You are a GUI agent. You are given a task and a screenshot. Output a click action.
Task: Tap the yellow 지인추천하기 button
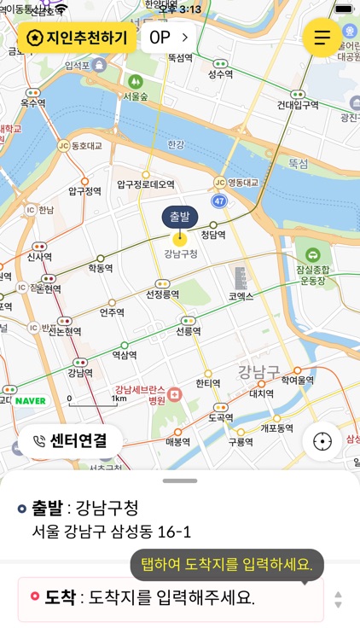pyautogui.click(x=77, y=38)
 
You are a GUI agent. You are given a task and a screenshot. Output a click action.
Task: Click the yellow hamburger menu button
pyautogui.click(x=322, y=38)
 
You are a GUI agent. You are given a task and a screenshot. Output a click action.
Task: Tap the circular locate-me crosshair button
pyautogui.click(x=322, y=441)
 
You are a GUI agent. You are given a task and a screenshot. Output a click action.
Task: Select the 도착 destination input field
pyautogui.click(x=171, y=598)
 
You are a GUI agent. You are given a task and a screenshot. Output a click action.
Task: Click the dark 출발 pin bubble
pyautogui.click(x=179, y=217)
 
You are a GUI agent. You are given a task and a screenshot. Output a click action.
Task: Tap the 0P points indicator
pyautogui.click(x=168, y=38)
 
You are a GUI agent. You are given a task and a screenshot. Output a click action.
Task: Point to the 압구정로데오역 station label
pyautogui.click(x=145, y=184)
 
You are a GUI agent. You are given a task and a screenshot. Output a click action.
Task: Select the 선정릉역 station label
pyautogui.click(x=162, y=294)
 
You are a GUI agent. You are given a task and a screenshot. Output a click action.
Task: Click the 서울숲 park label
pyautogui.click(x=136, y=96)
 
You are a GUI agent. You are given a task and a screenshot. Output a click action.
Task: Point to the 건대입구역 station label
pyautogui.click(x=298, y=105)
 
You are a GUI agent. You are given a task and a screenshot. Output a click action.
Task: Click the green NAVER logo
pyautogui.click(x=30, y=400)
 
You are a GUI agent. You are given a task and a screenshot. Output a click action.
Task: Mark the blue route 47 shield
pyautogui.click(x=219, y=201)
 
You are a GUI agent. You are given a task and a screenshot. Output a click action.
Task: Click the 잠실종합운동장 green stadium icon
pyautogui.click(x=313, y=255)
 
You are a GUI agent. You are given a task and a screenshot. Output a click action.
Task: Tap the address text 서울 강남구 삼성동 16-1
pyautogui.click(x=111, y=532)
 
